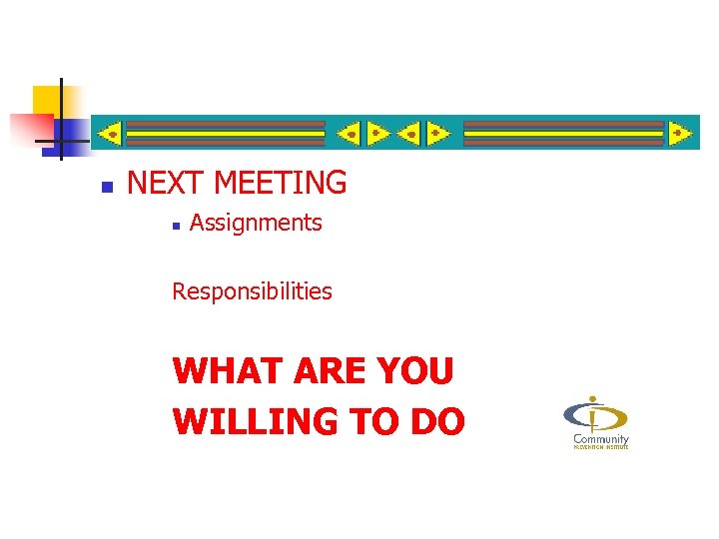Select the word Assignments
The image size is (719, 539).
(x=256, y=223)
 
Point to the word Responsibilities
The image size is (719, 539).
(x=252, y=291)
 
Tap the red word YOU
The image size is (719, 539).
(x=414, y=371)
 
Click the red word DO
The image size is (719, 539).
(x=435, y=421)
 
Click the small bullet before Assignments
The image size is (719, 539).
(x=174, y=226)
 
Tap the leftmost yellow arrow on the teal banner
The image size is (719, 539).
(x=110, y=133)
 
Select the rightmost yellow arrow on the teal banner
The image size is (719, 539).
(x=681, y=133)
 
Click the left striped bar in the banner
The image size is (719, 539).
(x=227, y=133)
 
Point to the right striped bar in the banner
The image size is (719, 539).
(x=564, y=133)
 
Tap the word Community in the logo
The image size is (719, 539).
(x=600, y=439)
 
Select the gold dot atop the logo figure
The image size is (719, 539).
(x=594, y=399)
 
